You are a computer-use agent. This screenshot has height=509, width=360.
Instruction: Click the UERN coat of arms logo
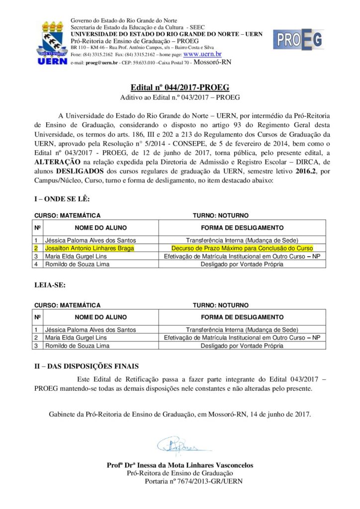click(x=52, y=43)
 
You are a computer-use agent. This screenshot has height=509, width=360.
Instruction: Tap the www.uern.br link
click(x=202, y=54)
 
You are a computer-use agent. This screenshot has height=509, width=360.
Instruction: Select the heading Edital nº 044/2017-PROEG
click(x=180, y=87)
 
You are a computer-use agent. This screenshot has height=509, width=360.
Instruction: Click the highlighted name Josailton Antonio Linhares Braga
click(x=90, y=247)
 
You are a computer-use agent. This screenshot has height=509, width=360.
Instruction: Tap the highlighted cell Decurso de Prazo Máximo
click(x=242, y=247)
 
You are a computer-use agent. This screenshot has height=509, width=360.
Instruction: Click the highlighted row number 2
click(x=36, y=247)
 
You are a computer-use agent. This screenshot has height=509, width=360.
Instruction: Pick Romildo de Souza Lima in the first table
click(x=77, y=264)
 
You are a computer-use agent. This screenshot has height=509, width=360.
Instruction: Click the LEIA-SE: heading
click(x=50, y=286)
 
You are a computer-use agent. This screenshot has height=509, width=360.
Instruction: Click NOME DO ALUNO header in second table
click(x=100, y=317)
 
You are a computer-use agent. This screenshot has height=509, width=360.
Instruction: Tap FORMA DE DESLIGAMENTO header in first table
click(x=242, y=228)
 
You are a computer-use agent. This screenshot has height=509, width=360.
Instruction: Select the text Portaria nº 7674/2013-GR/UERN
click(x=193, y=481)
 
